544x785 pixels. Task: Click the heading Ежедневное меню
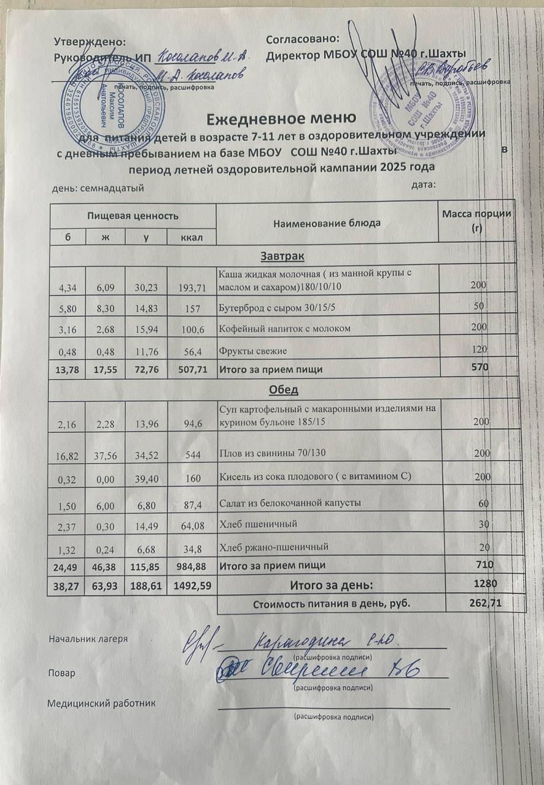(281, 118)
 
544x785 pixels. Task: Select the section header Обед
(283, 390)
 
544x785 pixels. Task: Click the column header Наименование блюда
(327, 223)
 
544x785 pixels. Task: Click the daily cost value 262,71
(486, 603)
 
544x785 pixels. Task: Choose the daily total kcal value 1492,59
(192, 586)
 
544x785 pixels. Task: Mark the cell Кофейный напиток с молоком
(285, 329)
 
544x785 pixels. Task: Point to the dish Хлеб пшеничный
(258, 524)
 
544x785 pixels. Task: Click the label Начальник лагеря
(88, 638)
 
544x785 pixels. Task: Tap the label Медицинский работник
(101, 703)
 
